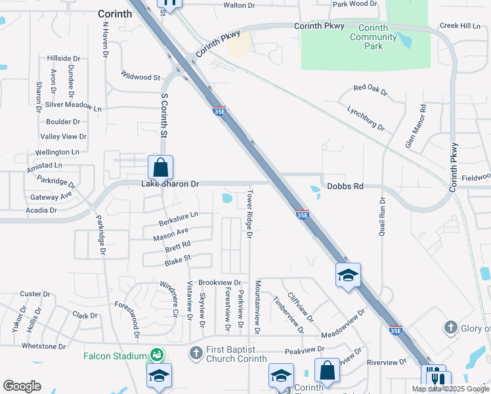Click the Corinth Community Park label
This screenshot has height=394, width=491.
[x=374, y=37]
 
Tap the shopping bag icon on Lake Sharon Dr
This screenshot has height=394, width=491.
[x=160, y=169]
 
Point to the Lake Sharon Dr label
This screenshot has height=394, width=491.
[x=170, y=185]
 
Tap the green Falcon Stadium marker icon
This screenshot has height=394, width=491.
[x=156, y=355]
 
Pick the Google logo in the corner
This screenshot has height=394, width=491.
[x=22, y=386]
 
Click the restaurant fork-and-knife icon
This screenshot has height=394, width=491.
[x=438, y=378]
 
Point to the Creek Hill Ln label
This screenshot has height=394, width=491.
[x=461, y=26]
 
